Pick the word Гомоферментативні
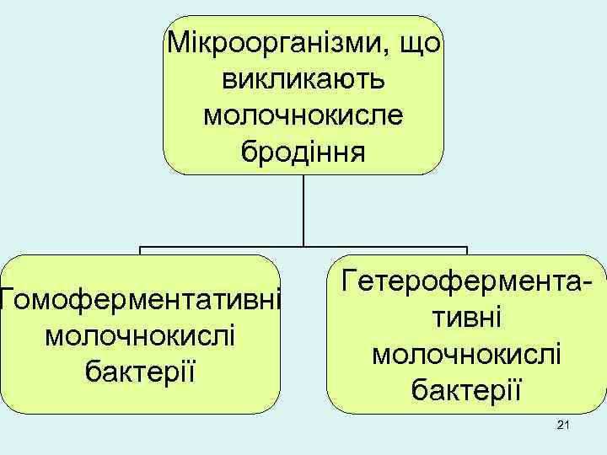coord(139,298)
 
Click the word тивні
coord(466,317)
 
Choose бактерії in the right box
coord(466,388)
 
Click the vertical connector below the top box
coord(303,211)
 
